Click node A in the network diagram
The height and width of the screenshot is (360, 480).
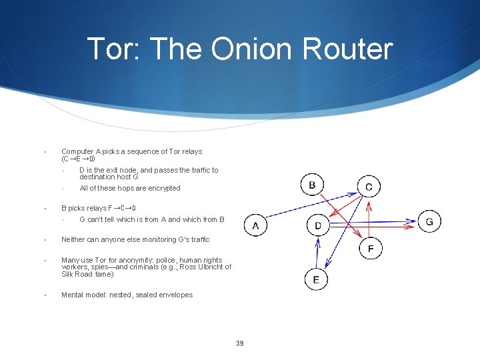click(x=256, y=225)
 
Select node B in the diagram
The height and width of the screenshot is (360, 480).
click(x=313, y=185)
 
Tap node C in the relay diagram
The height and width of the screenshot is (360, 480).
click(x=369, y=187)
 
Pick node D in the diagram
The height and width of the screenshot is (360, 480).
click(x=318, y=225)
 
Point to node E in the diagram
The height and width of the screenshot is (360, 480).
click(x=316, y=279)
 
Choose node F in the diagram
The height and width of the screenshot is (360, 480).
click(x=371, y=249)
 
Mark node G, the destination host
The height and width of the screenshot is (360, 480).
click(x=429, y=221)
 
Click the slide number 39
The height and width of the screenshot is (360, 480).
click(x=239, y=343)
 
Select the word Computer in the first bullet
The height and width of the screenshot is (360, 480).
click(x=77, y=152)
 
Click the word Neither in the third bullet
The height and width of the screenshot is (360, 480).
click(x=73, y=239)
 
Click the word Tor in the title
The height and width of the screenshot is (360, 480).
click(x=111, y=49)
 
